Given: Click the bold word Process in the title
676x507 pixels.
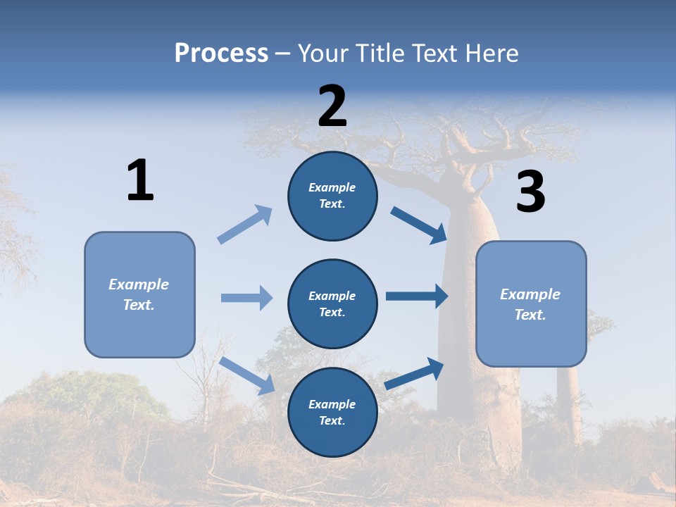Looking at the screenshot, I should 221,53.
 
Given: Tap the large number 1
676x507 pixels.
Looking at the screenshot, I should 140,180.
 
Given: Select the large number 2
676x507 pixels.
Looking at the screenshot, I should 332,106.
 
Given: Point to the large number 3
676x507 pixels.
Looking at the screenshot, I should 530,192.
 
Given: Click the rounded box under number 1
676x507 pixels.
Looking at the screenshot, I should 139,294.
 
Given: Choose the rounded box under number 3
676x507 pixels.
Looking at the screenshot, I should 531,303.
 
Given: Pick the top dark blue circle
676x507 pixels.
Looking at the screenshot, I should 332,196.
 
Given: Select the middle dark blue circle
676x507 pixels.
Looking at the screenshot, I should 332,303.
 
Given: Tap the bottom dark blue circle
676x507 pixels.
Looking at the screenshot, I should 332,412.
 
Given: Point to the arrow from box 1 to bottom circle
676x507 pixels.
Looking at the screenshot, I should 247,375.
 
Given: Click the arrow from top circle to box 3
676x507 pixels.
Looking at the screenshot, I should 419,225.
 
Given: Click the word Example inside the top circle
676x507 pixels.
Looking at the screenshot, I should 332,187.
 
